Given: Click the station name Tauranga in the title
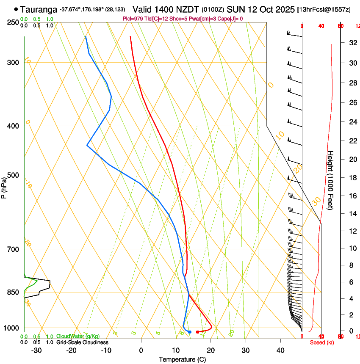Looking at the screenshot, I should click(39, 9).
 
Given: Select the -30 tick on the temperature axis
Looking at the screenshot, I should click(36, 350).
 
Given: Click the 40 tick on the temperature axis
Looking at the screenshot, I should click(280, 350).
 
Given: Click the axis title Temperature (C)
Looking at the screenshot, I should click(182, 359).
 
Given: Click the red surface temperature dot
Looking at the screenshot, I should click(197, 332).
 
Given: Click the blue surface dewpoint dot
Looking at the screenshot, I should click(190, 332).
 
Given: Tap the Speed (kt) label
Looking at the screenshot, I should click(322, 342).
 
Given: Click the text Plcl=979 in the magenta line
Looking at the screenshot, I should click(133, 19).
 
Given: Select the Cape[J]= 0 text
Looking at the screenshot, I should click(229, 19).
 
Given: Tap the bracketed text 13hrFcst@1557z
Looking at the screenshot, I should click(324, 9).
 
